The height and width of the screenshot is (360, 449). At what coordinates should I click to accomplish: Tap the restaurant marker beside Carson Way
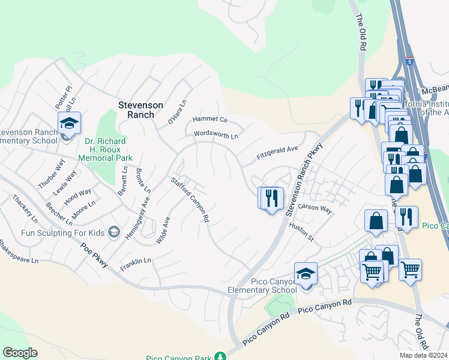coord(271,198)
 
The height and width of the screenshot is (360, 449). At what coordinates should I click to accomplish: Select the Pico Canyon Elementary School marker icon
coord(306,274)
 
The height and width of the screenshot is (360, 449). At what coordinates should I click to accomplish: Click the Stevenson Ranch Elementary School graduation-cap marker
coord(69,124)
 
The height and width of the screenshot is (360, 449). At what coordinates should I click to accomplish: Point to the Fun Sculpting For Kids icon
coord(113,232)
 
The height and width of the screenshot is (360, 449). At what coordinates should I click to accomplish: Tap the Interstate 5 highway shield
coord(409,61)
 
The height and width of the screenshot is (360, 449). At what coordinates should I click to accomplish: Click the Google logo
coord(20,353)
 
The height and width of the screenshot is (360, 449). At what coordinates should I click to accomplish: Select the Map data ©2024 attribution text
coord(423,355)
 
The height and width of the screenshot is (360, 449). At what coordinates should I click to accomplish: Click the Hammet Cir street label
coord(210,120)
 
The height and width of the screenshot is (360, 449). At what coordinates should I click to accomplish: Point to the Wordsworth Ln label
coord(215,134)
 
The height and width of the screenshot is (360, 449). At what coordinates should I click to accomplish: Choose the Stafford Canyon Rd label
coord(190,200)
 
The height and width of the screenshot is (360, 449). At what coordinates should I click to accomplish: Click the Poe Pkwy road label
coord(95,254)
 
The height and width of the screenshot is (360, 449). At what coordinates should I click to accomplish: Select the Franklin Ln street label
coord(135,261)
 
